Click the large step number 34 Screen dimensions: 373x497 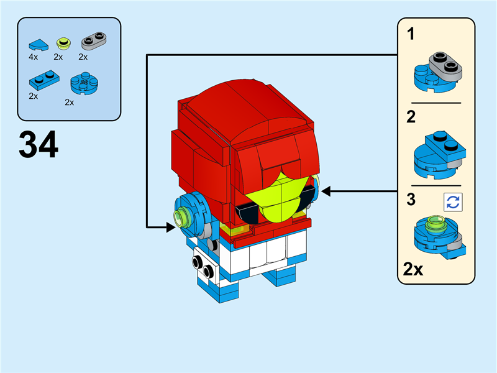[x=39, y=145]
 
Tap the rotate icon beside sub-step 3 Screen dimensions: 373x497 [x=453, y=201]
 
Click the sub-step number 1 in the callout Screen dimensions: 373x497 [x=411, y=34]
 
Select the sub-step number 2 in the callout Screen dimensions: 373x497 [x=411, y=117]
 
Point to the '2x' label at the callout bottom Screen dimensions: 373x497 [x=413, y=269]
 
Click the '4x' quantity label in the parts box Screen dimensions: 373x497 [x=34, y=57]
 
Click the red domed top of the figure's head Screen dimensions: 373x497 [x=242, y=109]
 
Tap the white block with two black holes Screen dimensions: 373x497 [x=204, y=265]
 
